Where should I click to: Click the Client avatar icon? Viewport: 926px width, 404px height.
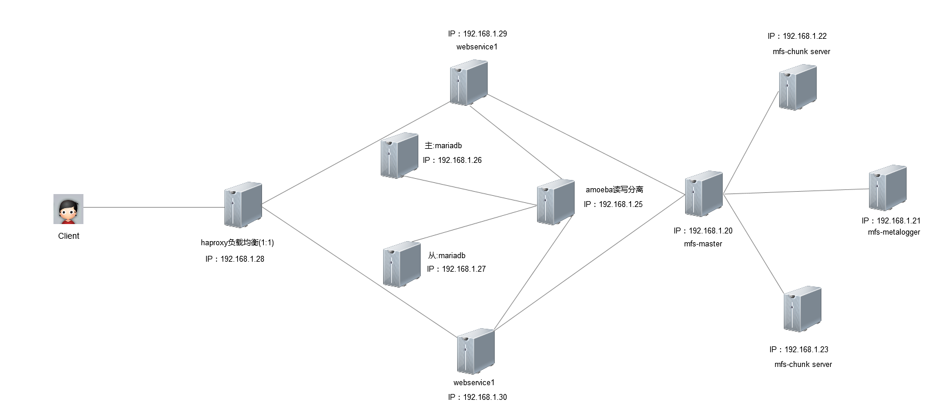68,209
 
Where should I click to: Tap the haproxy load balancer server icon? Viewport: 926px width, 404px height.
243,205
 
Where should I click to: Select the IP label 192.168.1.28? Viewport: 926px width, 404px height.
235,259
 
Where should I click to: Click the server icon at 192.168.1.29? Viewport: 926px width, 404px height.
469,82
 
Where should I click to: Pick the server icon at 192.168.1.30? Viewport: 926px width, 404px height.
475,352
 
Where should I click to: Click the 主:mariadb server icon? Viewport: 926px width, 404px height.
400,156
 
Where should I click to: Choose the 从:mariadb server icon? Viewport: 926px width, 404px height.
402,264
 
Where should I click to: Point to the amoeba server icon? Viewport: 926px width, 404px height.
556,202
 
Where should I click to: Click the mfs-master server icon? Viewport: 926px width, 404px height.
703,193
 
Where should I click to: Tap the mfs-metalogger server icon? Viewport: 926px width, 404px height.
888,188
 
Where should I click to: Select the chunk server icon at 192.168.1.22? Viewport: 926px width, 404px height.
798,88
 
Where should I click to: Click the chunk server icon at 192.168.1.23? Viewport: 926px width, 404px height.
803,309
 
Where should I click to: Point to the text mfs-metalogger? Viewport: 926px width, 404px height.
894,232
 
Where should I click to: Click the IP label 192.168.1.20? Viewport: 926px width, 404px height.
703,231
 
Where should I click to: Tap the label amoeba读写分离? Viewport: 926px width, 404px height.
615,189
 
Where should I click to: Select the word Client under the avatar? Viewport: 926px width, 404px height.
69,236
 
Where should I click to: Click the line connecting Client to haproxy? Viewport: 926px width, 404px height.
154,207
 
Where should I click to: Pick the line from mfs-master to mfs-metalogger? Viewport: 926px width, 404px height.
796,191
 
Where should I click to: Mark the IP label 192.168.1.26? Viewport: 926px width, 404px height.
452,160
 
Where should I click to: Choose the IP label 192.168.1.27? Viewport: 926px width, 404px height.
457,269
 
